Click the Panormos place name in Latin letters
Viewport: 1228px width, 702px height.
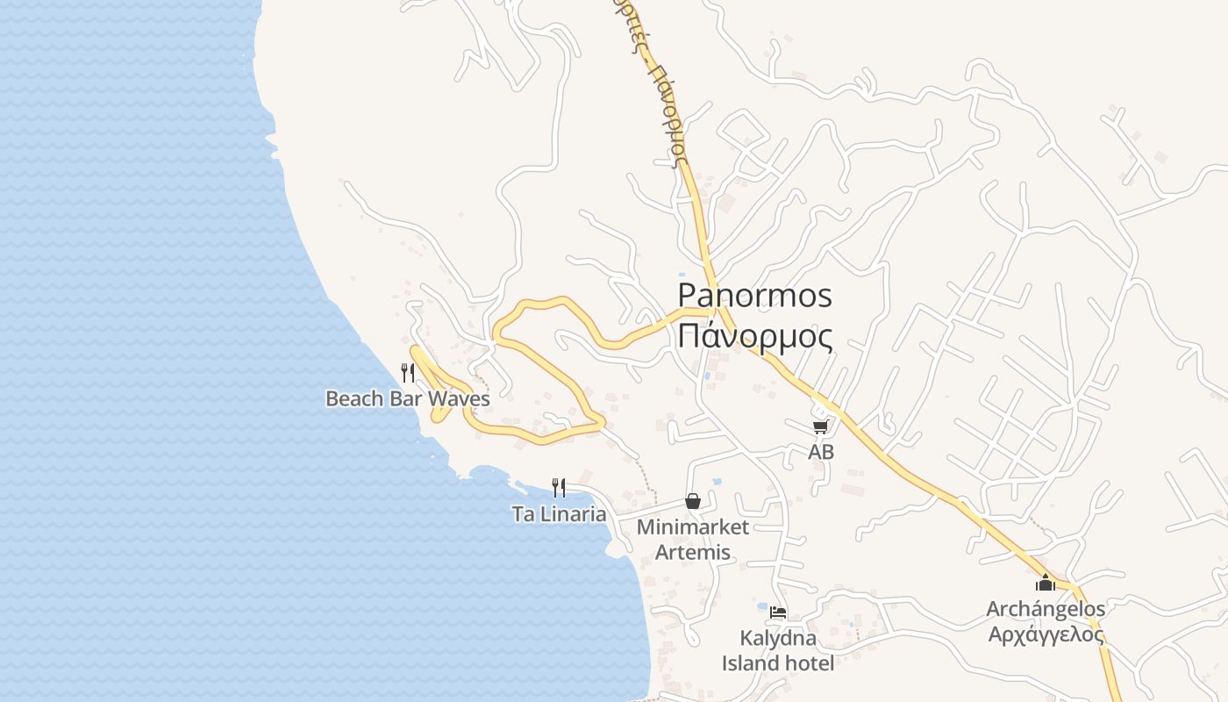click(755, 296)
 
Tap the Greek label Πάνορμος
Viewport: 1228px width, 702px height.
click(755, 335)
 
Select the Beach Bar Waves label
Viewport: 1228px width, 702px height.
click(407, 398)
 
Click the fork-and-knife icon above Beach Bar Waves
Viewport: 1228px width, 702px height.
click(408, 372)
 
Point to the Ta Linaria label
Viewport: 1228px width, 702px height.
click(559, 514)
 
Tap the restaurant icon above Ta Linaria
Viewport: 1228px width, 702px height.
click(559, 487)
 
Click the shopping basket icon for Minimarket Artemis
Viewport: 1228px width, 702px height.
click(693, 501)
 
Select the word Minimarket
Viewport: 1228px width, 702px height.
click(693, 527)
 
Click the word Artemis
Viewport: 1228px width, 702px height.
click(693, 553)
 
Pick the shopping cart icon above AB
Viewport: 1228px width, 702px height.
click(820, 427)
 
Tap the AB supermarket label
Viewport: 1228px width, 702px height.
click(821, 453)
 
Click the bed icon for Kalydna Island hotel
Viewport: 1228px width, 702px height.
click(778, 612)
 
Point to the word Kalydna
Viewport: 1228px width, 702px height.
click(778, 638)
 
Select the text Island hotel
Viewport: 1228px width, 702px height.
click(778, 663)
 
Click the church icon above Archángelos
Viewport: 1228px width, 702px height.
click(1046, 583)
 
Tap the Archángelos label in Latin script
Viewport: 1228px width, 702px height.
click(1046, 609)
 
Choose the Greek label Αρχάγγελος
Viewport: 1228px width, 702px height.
click(1046, 634)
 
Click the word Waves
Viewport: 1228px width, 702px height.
click(457, 398)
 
